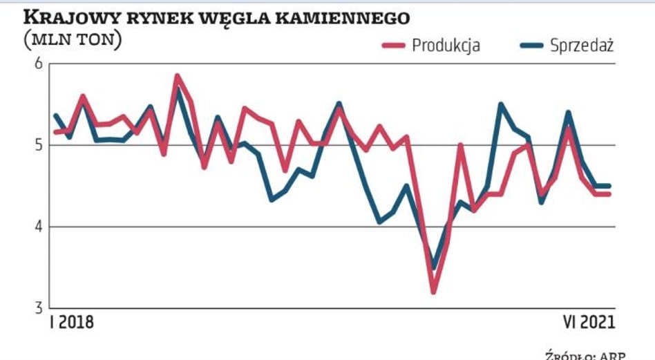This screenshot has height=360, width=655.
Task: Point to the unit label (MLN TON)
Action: point(73,40)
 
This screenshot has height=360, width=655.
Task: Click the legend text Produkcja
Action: point(446,46)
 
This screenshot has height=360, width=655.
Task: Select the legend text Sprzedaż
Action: point(582,46)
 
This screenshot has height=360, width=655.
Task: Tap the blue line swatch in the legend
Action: point(530,46)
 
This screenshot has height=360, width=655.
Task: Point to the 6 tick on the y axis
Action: point(38,64)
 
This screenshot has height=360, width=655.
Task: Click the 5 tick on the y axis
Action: point(38,145)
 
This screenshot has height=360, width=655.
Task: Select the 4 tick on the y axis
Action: point(38,227)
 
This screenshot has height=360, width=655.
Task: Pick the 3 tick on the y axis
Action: point(38,307)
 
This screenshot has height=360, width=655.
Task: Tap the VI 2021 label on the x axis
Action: point(587,323)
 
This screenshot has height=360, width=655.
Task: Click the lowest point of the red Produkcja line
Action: point(433,292)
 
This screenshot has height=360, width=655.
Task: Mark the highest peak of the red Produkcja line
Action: point(178,76)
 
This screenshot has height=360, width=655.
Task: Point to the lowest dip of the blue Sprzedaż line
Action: point(433,267)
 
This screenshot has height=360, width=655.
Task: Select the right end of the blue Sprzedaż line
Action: point(609,186)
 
